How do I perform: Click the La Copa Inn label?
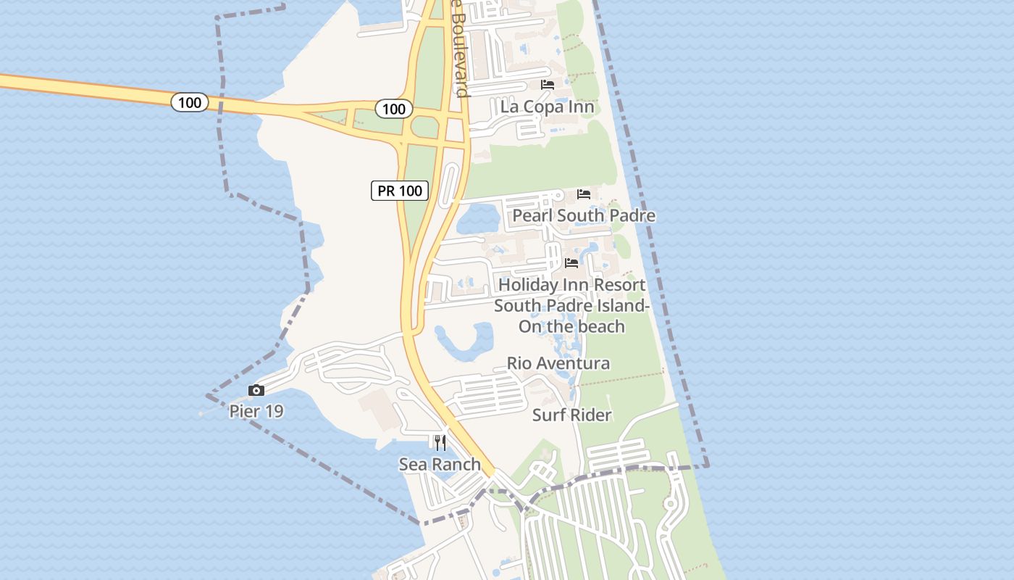(547, 107)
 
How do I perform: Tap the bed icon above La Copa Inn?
(548, 85)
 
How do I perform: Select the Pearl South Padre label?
(584, 216)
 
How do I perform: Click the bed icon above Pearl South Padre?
(584, 194)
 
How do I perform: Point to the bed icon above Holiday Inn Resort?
(571, 262)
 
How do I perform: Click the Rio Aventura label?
(558, 363)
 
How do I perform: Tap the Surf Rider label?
(571, 415)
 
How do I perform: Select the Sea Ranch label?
(440, 465)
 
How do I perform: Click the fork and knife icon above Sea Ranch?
(440, 442)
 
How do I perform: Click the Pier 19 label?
(256, 412)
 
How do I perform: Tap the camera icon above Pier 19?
(256, 391)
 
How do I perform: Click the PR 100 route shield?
(400, 191)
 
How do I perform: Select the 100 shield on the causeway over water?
(190, 102)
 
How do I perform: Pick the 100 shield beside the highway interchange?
(393, 109)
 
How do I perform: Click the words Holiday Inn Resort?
(571, 285)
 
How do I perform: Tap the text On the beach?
(571, 326)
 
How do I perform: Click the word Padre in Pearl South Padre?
(632, 216)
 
